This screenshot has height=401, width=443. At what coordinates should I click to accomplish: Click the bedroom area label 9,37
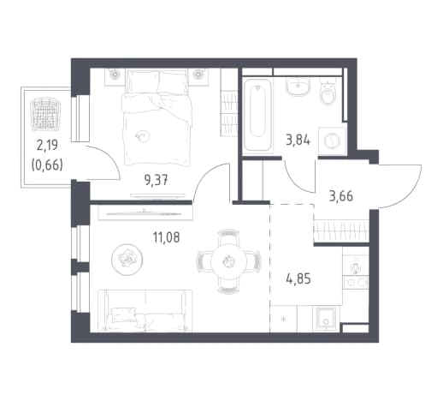click(x=156, y=180)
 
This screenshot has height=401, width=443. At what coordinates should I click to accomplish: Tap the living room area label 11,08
click(x=167, y=237)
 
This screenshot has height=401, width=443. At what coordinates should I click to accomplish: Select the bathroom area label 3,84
click(x=298, y=141)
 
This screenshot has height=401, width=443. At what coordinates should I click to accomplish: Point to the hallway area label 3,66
click(x=341, y=196)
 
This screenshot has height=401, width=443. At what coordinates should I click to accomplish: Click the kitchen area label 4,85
click(x=298, y=278)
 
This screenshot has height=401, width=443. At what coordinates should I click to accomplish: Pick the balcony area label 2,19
click(x=47, y=145)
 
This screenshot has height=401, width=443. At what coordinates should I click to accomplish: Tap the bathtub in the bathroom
click(x=257, y=115)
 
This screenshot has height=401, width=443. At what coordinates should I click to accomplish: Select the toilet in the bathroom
click(x=328, y=91)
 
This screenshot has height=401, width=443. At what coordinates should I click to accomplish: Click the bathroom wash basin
click(x=298, y=87)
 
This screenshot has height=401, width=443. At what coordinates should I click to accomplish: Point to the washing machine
click(x=333, y=141)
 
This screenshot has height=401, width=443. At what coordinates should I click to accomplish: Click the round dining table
click(x=228, y=261)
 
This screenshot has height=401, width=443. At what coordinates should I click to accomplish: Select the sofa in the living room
click(x=145, y=311)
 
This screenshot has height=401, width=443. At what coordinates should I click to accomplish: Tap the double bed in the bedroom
click(x=157, y=117)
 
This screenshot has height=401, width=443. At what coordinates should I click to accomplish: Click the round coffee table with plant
click(x=127, y=260)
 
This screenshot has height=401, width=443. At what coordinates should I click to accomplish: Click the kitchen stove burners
click(x=356, y=282)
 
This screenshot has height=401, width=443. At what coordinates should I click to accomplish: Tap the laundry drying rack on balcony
click(x=45, y=114)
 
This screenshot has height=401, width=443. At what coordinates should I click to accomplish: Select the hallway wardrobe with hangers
click(x=341, y=230)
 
